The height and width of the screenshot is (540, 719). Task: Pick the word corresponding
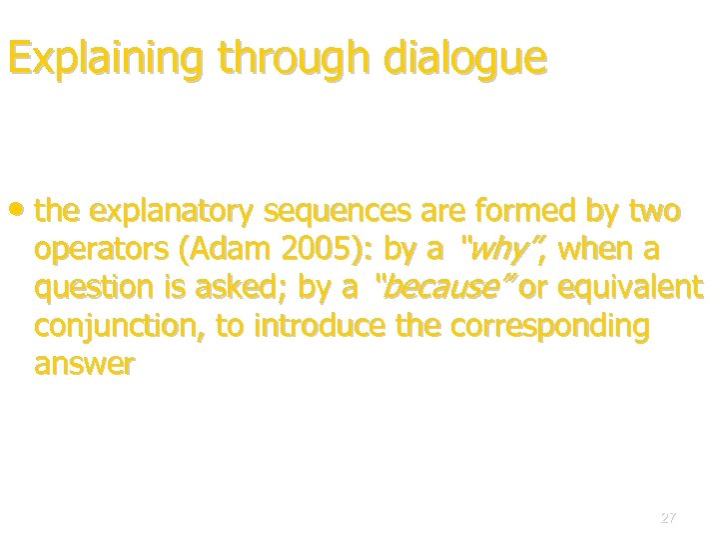click(533, 327)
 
